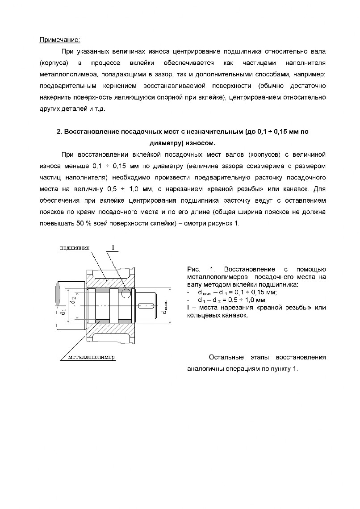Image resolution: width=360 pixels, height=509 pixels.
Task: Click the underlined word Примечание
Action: point(60,40)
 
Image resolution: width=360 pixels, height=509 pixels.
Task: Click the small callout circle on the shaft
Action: point(126,293)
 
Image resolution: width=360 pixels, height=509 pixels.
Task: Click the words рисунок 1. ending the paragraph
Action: point(224,223)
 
